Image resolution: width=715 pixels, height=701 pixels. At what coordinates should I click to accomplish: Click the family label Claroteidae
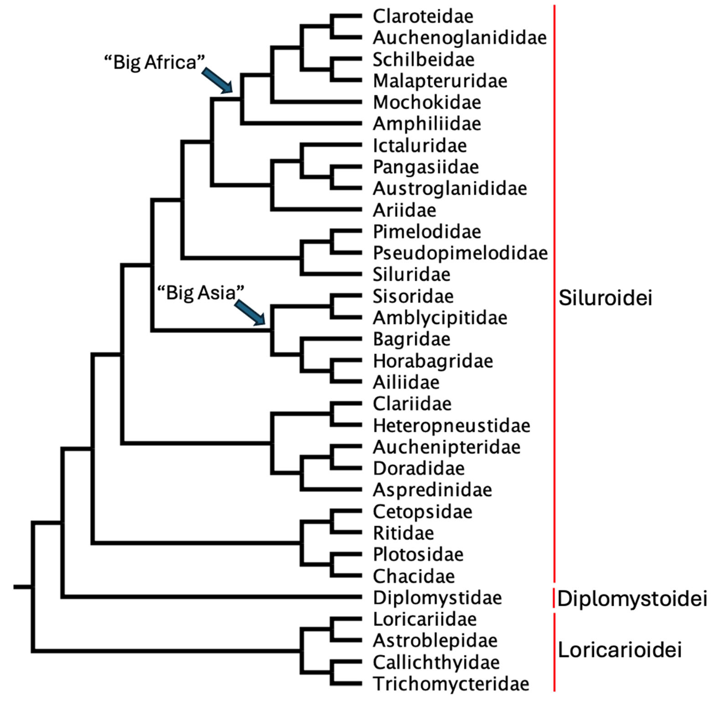[x=423, y=16]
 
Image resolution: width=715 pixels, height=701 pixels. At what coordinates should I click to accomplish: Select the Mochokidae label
[x=426, y=102]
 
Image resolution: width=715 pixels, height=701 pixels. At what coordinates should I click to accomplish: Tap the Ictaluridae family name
[x=420, y=146]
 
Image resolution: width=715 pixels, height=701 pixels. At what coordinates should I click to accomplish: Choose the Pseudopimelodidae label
[x=460, y=253]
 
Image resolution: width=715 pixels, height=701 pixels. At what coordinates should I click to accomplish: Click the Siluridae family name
[x=411, y=275]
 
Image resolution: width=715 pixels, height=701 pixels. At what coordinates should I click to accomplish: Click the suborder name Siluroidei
[x=605, y=298]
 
